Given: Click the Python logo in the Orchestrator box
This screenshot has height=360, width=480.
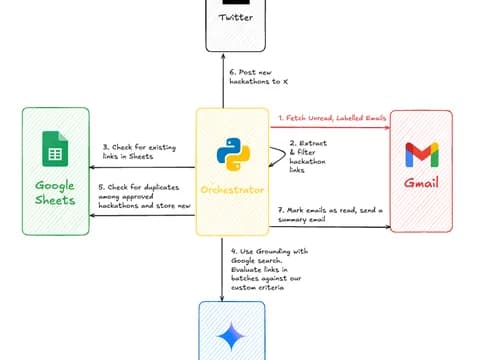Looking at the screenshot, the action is (233, 154).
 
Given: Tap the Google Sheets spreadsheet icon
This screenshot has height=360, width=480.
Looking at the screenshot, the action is (55, 149).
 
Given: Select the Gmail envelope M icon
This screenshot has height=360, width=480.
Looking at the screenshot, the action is (422, 155).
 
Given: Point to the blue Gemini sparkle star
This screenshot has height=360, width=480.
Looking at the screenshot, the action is (232, 336).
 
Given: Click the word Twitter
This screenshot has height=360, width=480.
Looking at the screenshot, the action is (236, 17).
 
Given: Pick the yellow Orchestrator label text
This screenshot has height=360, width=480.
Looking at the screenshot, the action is (232, 190).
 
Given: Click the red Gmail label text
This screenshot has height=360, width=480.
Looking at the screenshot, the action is (421, 182).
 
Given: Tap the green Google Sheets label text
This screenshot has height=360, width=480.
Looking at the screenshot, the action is (55, 193).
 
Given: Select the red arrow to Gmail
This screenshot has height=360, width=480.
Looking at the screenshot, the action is (330, 127).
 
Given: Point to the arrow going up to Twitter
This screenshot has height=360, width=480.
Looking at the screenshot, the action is (223, 81).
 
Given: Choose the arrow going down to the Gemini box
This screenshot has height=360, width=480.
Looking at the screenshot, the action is (222, 269).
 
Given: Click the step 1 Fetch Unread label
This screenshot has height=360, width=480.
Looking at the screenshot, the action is (332, 118).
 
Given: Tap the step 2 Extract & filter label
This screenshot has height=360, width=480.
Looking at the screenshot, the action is (308, 156).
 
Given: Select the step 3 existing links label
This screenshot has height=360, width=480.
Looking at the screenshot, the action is (139, 152).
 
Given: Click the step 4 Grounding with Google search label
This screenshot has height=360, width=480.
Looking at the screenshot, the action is (269, 269).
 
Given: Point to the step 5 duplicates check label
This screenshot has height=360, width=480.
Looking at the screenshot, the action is (144, 196).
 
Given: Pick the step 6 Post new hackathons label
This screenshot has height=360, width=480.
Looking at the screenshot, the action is (259, 77).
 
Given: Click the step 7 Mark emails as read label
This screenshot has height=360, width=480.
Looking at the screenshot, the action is (330, 215).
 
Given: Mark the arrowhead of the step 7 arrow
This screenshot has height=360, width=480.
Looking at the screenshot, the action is (388, 227).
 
